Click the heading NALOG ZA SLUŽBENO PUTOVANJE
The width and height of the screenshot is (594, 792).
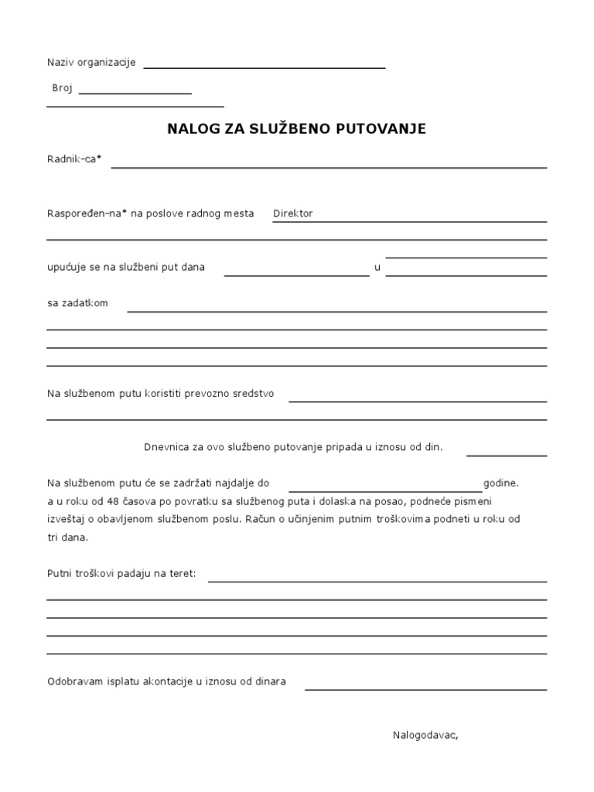(x=296, y=129)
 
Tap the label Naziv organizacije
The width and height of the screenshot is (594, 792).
(x=91, y=63)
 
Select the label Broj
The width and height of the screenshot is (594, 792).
(x=62, y=88)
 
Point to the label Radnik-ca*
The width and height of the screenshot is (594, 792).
(x=74, y=159)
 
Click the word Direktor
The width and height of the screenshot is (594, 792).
(x=293, y=213)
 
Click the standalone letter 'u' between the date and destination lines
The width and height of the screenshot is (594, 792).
(x=377, y=268)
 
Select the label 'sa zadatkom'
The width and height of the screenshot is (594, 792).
(x=77, y=303)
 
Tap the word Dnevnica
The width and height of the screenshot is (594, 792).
(x=166, y=447)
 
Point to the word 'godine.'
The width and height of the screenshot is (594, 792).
(x=501, y=483)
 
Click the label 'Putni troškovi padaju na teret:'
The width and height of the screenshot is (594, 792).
(x=121, y=574)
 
